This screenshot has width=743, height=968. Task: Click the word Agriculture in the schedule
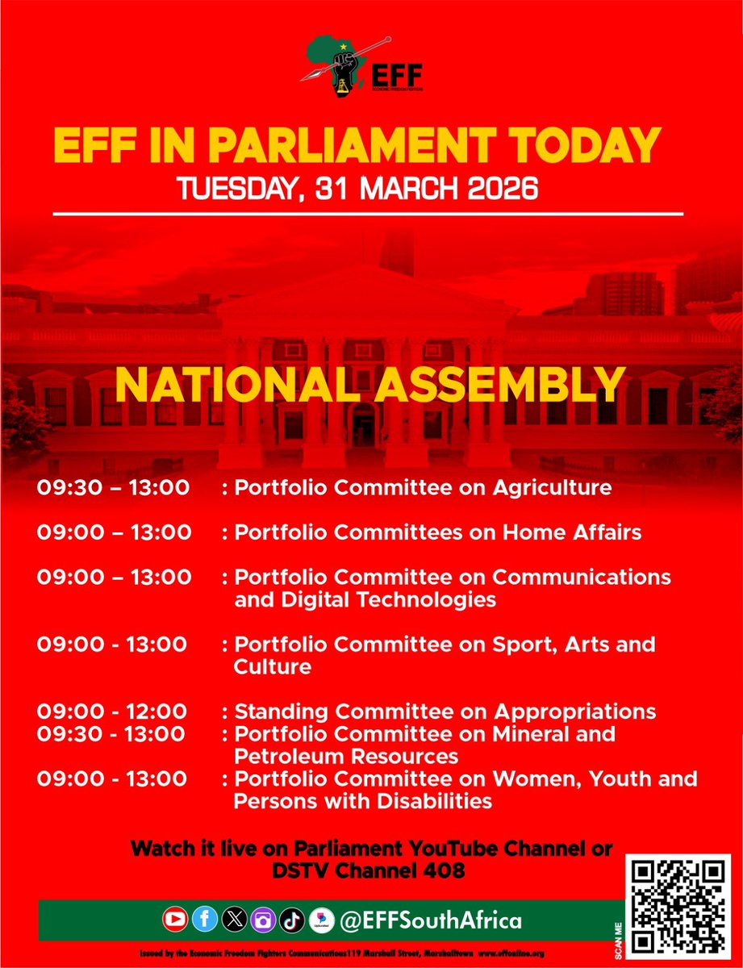552,488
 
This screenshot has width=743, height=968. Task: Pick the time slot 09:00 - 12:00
112,711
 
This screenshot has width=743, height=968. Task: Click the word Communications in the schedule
581,578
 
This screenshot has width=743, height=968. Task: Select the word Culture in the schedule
261,667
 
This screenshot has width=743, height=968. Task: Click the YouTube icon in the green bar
174,920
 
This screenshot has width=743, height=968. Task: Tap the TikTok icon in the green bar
292,920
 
